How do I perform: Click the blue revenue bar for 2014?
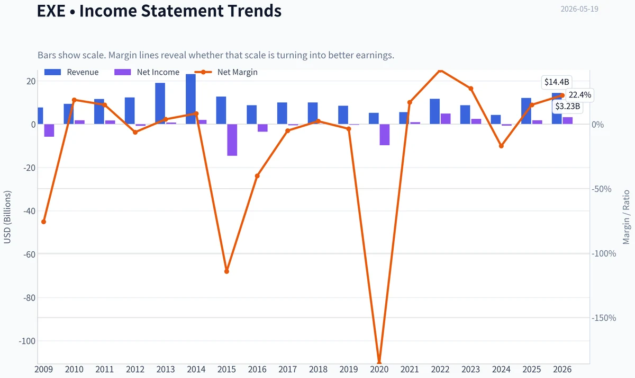190,99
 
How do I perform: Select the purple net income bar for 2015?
232,140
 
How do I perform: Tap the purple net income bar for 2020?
385,135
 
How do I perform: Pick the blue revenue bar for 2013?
160,103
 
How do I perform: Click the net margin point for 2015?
227,271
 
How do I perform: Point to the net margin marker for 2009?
43,222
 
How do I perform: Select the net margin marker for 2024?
501,146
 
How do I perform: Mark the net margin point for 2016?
257,176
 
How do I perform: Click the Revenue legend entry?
71,72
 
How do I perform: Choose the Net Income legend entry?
147,72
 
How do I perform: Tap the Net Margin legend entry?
226,72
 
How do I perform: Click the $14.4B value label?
557,82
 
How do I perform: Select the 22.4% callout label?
580,95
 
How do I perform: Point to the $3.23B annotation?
567,107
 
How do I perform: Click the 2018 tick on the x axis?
319,370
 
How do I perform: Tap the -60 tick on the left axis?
30,254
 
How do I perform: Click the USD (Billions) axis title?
7,217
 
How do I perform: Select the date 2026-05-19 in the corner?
579,9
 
